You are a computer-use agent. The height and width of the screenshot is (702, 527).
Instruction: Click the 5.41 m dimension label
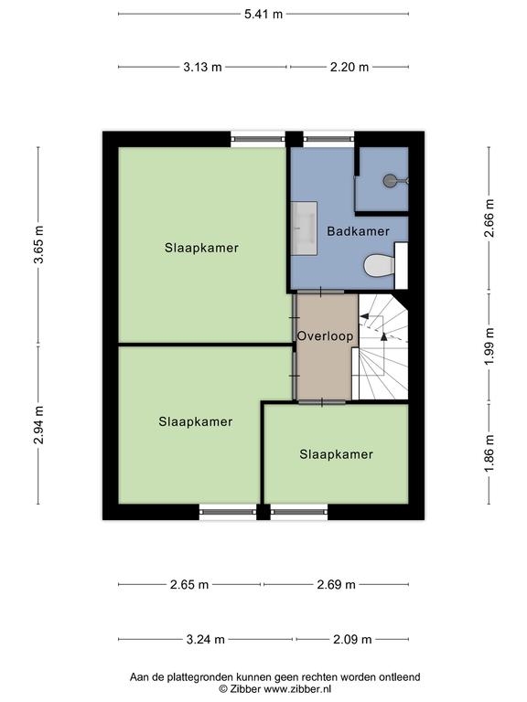(x=263, y=14)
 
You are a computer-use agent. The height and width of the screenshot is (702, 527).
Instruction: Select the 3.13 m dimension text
(x=202, y=67)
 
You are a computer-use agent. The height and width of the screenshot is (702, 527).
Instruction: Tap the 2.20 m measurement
(x=350, y=67)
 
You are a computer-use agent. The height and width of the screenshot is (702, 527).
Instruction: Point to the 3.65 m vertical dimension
(x=39, y=244)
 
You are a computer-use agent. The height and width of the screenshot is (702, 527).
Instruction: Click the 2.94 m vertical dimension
(x=39, y=425)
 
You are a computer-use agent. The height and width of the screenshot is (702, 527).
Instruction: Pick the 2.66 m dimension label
(x=489, y=218)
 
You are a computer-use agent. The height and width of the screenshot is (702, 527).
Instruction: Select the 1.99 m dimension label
(x=489, y=346)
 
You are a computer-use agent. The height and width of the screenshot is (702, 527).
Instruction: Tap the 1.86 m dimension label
(x=489, y=453)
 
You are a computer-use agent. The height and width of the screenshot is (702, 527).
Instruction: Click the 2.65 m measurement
(x=189, y=585)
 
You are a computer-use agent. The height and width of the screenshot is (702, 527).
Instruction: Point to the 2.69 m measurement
(x=336, y=585)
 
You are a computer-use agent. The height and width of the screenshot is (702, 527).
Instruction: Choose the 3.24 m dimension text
(x=206, y=639)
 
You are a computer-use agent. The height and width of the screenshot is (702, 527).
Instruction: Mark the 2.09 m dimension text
(x=352, y=639)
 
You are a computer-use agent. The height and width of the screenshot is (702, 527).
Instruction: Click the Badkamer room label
(x=358, y=231)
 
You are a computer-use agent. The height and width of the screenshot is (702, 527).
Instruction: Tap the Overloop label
(x=326, y=336)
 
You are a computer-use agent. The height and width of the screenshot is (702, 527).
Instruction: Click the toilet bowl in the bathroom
(x=379, y=266)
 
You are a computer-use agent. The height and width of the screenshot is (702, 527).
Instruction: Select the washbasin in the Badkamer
(x=305, y=229)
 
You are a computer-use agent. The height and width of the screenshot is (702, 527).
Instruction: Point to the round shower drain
(x=389, y=180)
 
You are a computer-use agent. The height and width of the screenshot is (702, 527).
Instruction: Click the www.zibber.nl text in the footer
(x=297, y=689)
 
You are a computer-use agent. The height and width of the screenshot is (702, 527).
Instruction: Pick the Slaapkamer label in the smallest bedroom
(x=336, y=454)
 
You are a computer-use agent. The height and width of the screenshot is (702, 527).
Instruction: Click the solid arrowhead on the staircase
(x=383, y=337)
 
